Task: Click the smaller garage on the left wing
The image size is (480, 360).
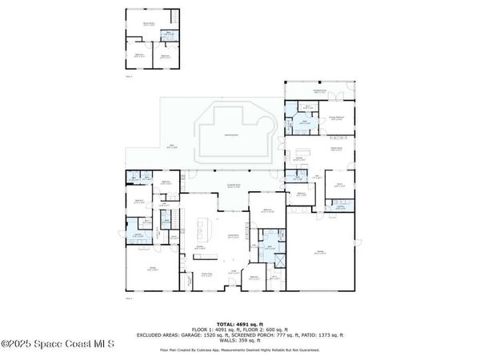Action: pos(152,270)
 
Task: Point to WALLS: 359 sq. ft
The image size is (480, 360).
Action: pos(239,339)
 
